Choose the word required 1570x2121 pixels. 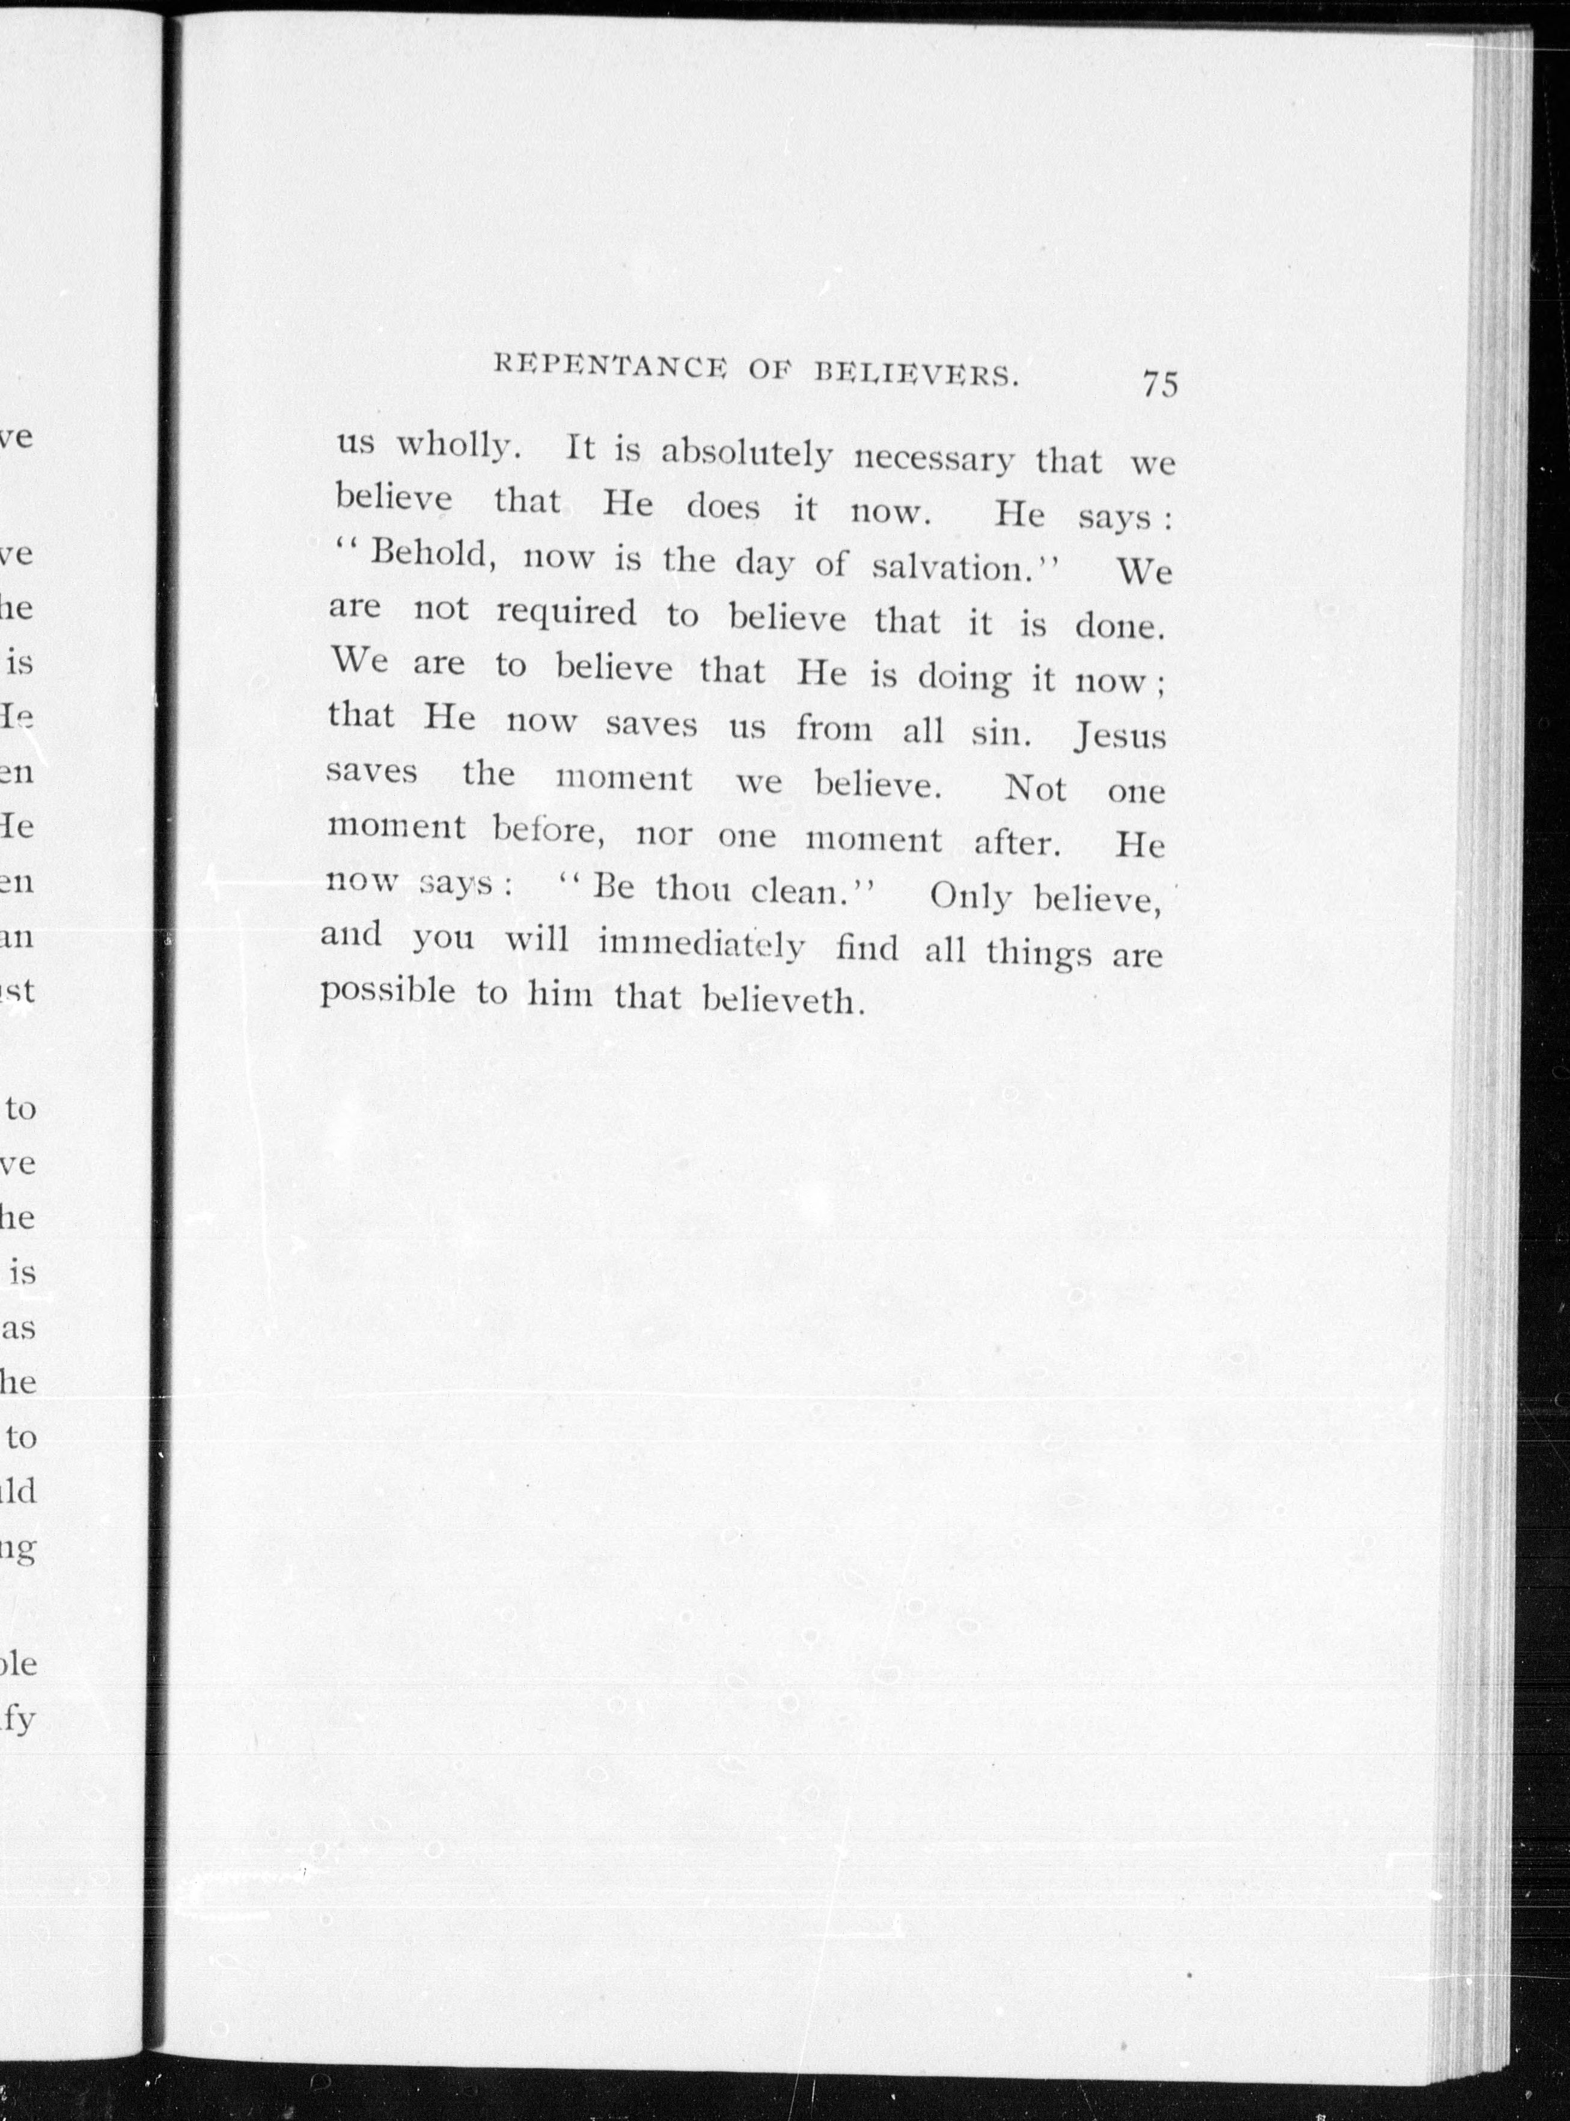pos(566,614)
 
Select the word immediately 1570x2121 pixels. pos(701,944)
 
